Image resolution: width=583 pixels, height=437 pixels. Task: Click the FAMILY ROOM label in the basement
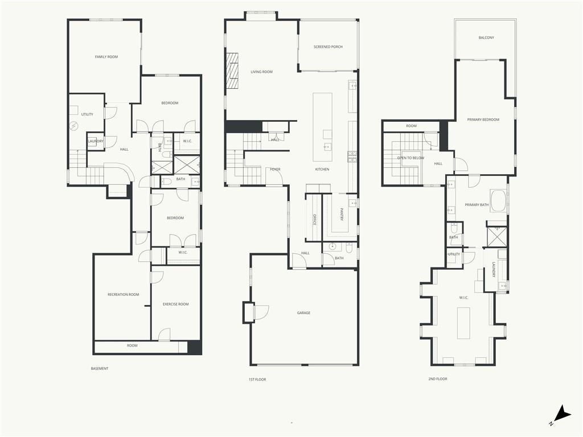click(x=106, y=57)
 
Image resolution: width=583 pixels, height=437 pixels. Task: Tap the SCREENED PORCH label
click(x=328, y=47)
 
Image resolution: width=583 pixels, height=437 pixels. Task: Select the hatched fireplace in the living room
click(x=232, y=71)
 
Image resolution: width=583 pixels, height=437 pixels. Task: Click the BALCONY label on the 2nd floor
click(x=486, y=38)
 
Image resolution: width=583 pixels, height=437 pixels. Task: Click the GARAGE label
click(x=303, y=313)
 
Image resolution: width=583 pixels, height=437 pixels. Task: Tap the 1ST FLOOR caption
click(x=257, y=380)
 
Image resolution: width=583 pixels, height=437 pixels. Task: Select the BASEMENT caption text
click(x=100, y=369)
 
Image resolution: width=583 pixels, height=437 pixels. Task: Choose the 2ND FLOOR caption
click(x=438, y=379)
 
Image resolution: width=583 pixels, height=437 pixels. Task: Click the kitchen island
click(x=322, y=127)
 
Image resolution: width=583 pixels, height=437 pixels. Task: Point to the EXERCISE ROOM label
click(x=175, y=304)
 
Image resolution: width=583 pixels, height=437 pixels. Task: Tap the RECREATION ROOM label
click(x=124, y=295)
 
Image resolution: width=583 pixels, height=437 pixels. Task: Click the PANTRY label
click(x=342, y=214)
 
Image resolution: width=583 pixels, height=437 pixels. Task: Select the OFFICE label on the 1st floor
click(x=314, y=219)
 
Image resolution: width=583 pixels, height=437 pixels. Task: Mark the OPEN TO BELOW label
click(x=410, y=158)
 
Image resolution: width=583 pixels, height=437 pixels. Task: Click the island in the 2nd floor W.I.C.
click(x=463, y=323)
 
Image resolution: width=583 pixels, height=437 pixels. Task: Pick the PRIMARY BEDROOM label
click(x=483, y=119)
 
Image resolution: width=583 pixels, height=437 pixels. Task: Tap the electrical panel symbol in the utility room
click(x=74, y=126)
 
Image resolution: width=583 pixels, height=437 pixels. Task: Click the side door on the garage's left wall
click(x=261, y=312)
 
